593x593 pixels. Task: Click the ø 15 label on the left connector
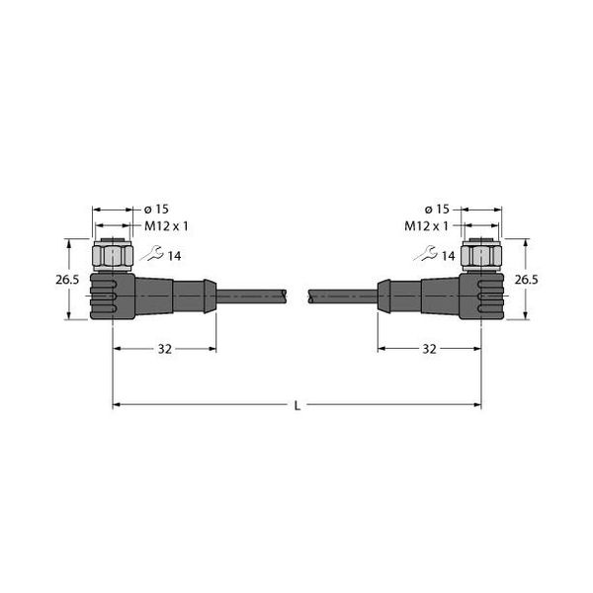[156, 210]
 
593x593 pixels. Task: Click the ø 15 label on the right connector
[437, 210]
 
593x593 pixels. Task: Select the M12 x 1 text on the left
[166, 226]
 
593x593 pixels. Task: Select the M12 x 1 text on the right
[426, 226]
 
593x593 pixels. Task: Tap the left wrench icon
[152, 253]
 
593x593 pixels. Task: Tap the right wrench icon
[425, 253]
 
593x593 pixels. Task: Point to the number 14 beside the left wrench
[174, 256]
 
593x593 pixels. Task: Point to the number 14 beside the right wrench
[448, 256]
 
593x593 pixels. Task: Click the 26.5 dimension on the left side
[67, 280]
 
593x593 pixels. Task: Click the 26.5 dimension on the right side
[526, 280]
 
